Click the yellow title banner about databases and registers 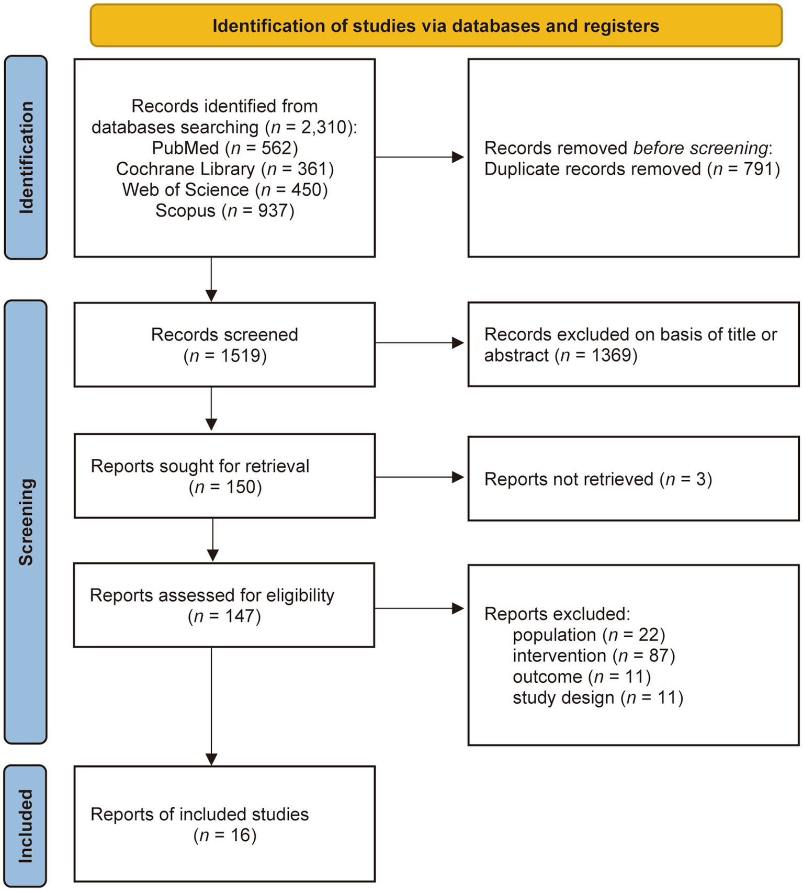(x=436, y=26)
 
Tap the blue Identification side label (x=26, y=157)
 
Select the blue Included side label (x=26, y=826)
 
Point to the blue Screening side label (x=26, y=522)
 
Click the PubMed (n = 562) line (x=225, y=148)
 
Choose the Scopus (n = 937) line (x=225, y=211)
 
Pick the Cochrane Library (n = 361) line (x=225, y=169)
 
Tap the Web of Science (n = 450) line (x=225, y=190)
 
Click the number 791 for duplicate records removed (x=759, y=169)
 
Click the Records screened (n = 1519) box (x=224, y=345)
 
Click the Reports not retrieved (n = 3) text (x=598, y=479)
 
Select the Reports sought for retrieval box (x=224, y=476)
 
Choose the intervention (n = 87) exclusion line (x=594, y=656)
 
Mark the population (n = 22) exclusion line (x=589, y=635)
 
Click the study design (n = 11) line (x=598, y=697)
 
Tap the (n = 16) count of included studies (x=225, y=835)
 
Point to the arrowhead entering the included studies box (x=211, y=759)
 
